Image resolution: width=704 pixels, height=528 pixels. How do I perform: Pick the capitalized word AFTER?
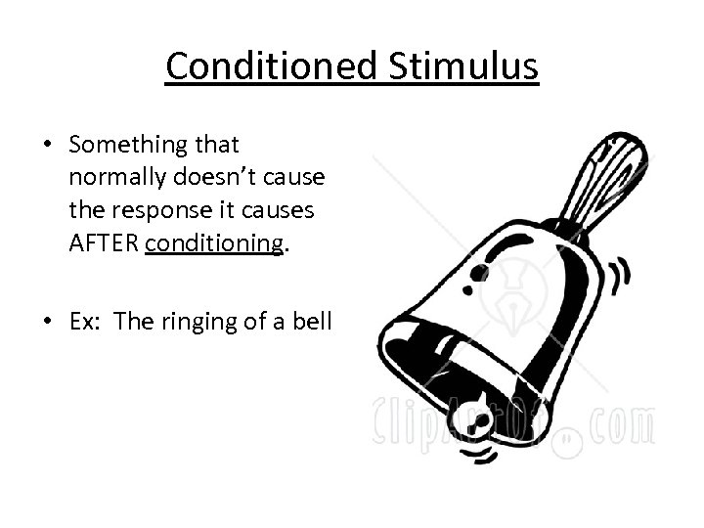pyautogui.click(x=105, y=242)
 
